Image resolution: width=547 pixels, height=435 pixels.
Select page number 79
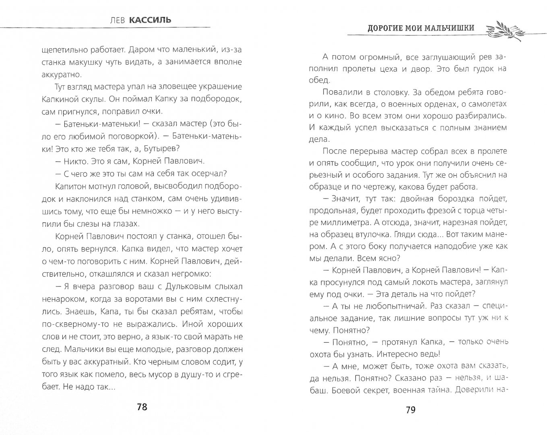coord(410,410)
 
